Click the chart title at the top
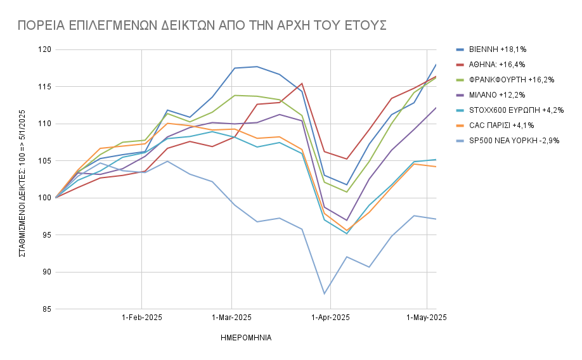point(202,25)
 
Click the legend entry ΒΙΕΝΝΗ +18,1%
point(498,49)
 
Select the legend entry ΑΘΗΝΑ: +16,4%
point(497,64)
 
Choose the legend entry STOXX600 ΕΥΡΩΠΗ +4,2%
point(508,110)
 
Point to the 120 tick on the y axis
point(44,49)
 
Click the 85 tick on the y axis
point(46,309)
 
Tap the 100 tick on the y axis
point(44,198)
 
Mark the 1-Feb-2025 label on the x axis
point(141,317)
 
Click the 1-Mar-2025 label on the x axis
point(232,317)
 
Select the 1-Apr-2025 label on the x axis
point(330,317)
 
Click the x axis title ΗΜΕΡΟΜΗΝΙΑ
point(246,338)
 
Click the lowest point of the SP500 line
point(324,293)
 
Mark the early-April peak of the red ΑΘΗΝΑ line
point(302,83)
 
